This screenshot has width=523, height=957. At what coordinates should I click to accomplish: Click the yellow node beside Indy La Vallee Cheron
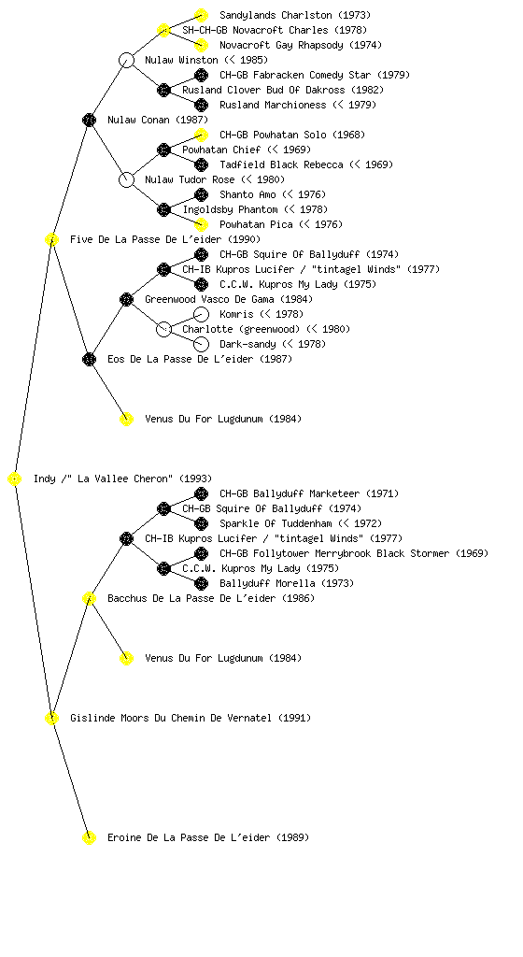(x=15, y=479)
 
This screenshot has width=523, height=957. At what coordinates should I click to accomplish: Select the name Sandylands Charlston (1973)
(x=295, y=15)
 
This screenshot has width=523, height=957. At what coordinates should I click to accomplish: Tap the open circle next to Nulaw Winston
(x=126, y=60)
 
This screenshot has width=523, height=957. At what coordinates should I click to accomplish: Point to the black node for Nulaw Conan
(x=89, y=120)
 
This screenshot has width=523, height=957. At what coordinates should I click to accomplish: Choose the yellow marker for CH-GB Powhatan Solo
(x=201, y=135)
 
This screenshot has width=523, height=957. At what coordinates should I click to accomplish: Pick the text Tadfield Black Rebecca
(x=282, y=164)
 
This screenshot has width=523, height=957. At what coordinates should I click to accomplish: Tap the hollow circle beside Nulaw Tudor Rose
(x=126, y=179)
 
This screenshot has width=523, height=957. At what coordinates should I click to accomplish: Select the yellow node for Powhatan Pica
(x=201, y=224)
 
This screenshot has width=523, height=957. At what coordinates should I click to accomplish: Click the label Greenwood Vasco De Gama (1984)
(x=229, y=299)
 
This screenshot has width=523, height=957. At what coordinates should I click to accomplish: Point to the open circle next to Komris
(x=201, y=314)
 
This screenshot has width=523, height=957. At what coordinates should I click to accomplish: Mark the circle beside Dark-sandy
(x=201, y=344)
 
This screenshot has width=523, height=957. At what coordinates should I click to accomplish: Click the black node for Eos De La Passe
(x=89, y=359)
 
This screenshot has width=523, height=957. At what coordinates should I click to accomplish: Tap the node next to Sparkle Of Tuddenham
(x=201, y=523)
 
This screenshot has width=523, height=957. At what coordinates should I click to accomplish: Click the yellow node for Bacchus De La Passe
(x=89, y=598)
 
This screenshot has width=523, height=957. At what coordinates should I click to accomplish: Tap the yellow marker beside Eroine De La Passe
(x=89, y=837)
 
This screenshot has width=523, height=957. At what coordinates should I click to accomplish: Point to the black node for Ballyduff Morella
(x=201, y=583)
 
